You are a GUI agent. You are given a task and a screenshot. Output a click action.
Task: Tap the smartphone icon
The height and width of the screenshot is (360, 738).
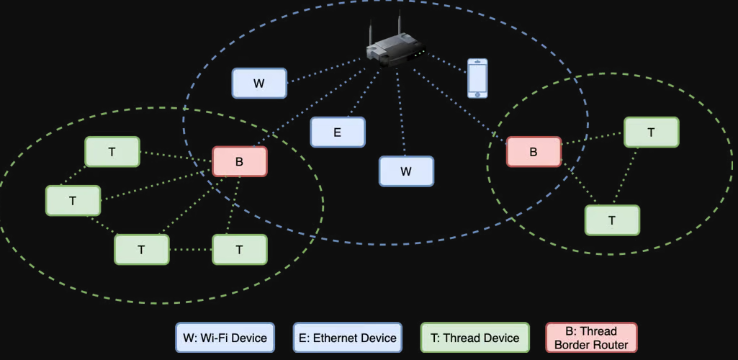pos(477,78)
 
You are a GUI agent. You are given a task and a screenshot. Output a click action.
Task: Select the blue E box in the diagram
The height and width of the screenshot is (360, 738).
pos(338,132)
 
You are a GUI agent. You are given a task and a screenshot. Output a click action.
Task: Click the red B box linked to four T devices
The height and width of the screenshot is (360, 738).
pos(240,162)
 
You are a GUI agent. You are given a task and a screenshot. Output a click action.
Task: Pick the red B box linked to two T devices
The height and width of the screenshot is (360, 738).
pos(534,152)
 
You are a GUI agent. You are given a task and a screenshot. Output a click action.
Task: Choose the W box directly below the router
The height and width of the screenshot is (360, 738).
pos(406,171)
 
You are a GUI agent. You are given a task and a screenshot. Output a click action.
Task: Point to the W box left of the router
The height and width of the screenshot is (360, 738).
pos(259,84)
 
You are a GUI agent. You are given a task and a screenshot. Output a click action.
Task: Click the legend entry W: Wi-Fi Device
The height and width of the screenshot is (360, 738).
pos(225,338)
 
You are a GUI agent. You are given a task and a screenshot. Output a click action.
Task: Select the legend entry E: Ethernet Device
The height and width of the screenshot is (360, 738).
pos(346,338)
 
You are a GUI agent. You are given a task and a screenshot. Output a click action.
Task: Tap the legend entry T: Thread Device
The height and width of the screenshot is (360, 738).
pos(474,338)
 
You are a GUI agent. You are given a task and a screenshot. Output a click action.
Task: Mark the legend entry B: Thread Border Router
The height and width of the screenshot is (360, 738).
pos(591,338)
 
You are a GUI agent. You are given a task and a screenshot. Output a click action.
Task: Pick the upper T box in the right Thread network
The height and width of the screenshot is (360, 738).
pos(651,132)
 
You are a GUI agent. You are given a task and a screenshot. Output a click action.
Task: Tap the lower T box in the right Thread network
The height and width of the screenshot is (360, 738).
pos(612,220)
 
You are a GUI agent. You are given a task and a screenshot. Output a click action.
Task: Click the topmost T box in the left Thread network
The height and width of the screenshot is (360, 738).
pos(112,152)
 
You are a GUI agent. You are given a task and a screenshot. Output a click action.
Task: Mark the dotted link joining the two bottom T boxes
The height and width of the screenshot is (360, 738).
pos(191,250)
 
